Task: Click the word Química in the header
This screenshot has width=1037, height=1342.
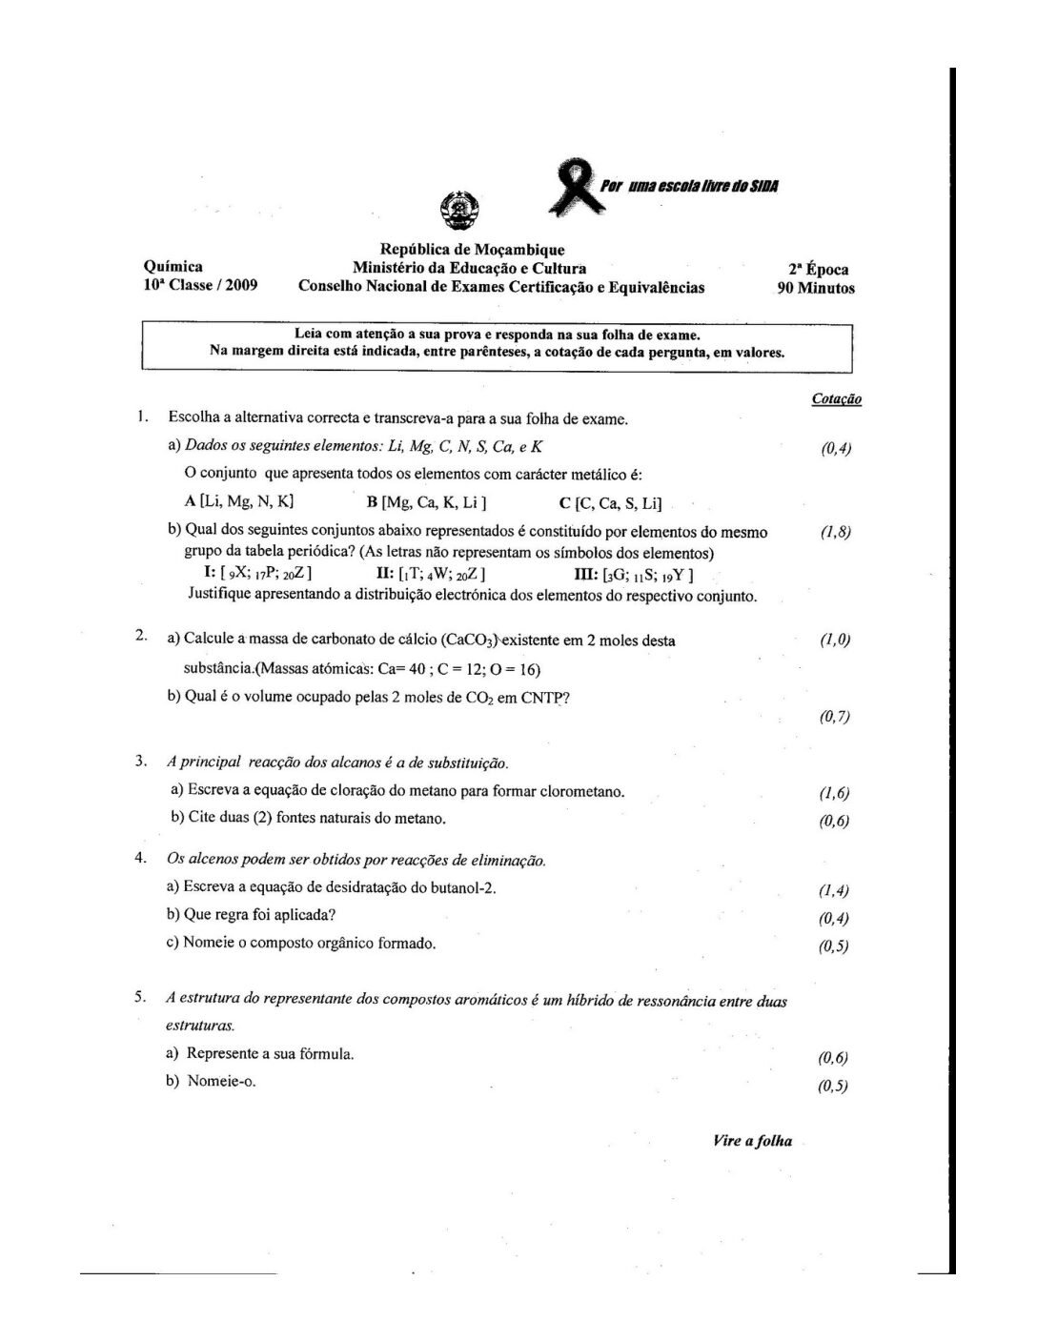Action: (173, 268)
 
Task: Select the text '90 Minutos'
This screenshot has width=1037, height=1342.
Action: (816, 288)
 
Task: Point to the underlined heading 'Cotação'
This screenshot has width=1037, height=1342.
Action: (837, 399)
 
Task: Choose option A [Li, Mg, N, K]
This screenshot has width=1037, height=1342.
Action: (239, 501)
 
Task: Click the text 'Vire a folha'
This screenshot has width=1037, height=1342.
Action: (752, 1141)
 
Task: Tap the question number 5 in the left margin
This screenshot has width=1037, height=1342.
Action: (139, 998)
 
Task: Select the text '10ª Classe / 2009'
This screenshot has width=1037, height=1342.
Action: (200, 286)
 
